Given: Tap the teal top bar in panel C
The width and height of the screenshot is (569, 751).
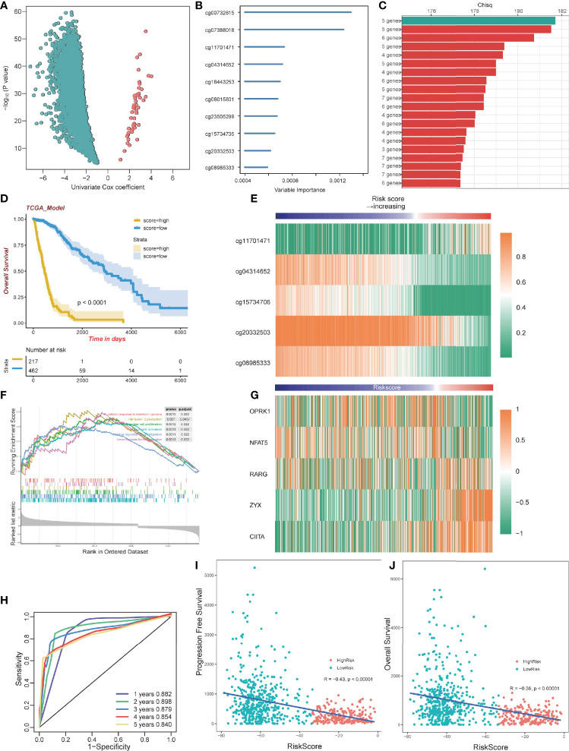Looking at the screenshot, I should [486, 20].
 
